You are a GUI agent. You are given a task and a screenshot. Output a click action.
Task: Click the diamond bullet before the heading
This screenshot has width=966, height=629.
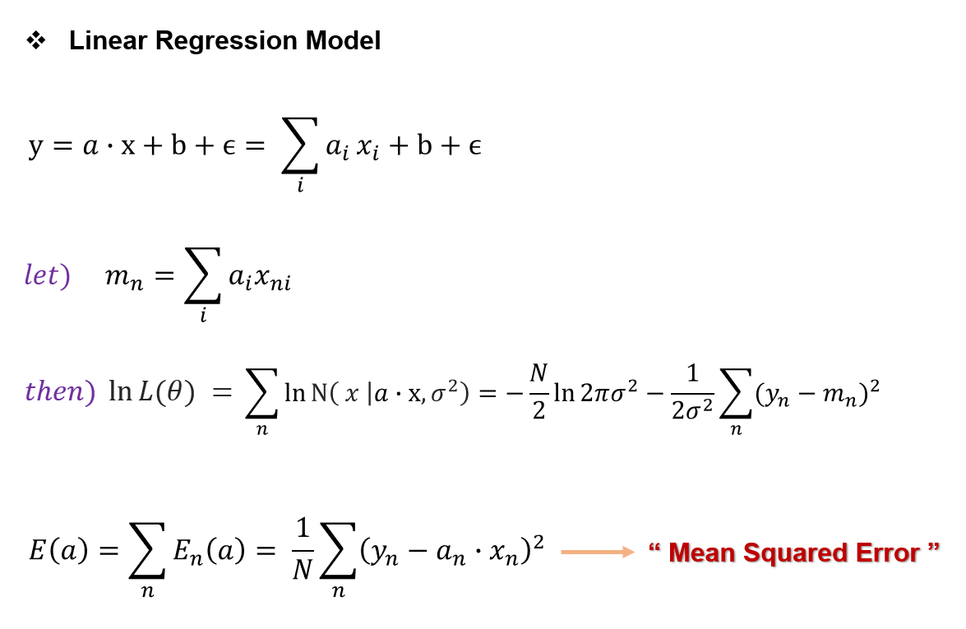pyautogui.click(x=35, y=40)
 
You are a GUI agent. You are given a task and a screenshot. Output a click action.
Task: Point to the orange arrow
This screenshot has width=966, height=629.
pyautogui.click(x=598, y=552)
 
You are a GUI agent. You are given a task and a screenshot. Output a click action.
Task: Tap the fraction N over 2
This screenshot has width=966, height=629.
pyautogui.click(x=538, y=392)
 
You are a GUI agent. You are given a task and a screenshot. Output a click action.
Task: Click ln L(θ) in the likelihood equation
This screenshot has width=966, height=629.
pyautogui.click(x=152, y=392)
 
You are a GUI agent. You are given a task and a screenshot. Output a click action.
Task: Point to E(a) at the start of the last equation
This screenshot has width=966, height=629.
pyautogui.click(x=58, y=551)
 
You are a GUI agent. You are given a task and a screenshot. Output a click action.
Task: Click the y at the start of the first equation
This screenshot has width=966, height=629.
pyautogui.click(x=35, y=148)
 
